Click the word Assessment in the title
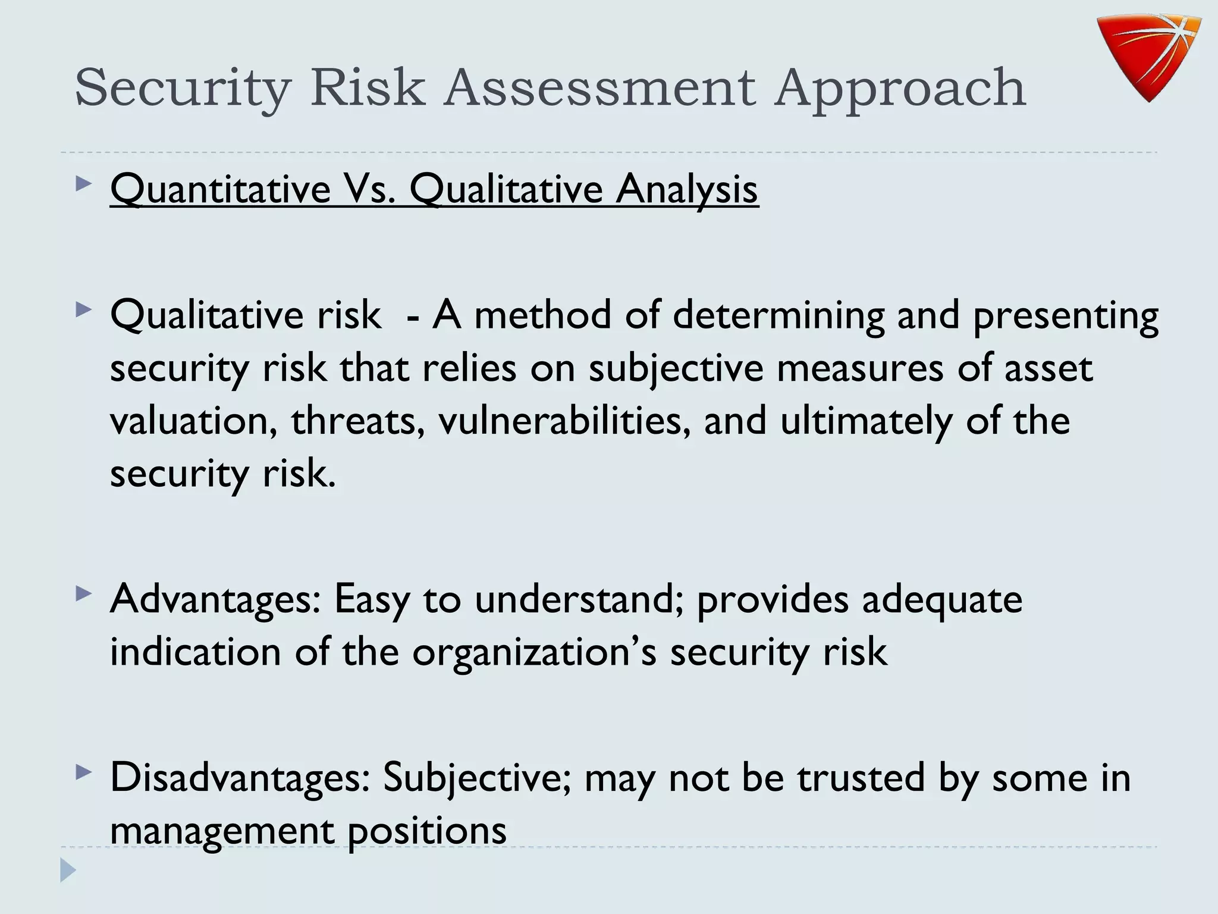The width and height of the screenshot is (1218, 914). [601, 88]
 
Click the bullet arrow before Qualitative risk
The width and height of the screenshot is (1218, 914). [84, 310]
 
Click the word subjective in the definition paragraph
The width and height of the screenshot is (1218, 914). [676, 368]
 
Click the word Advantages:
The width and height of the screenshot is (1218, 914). [215, 599]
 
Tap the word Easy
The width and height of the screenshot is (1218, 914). [372, 599]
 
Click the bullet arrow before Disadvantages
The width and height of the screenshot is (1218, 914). [84, 773]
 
